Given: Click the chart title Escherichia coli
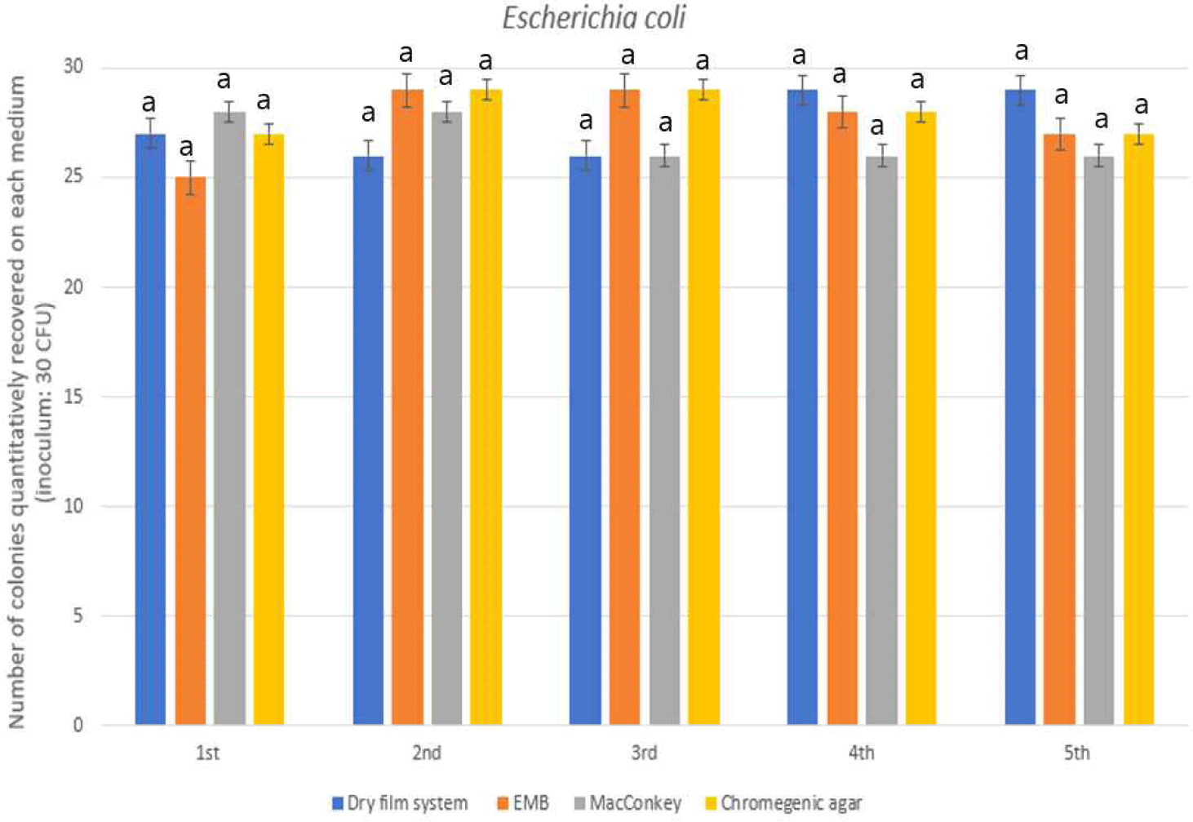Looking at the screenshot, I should [594, 18].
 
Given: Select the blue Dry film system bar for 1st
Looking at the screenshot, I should [150, 429].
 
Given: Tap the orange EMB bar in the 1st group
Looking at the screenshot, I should [190, 451].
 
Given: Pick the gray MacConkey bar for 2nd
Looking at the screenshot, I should [446, 418].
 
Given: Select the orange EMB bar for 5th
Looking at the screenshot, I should [1059, 429].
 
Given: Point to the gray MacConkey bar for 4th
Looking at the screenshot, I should [881, 441].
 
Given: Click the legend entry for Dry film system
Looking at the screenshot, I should [400, 803].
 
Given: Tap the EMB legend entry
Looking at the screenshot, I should [523, 803].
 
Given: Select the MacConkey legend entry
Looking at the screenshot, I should [628, 803].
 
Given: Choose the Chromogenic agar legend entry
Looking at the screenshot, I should [783, 803].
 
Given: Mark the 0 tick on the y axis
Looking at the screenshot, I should [78, 725].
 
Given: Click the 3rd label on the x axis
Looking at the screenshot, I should [644, 753].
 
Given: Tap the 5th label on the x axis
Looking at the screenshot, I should [1077, 753].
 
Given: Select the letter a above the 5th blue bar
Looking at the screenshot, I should [1021, 51].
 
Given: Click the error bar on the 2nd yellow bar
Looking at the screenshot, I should [486, 90].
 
